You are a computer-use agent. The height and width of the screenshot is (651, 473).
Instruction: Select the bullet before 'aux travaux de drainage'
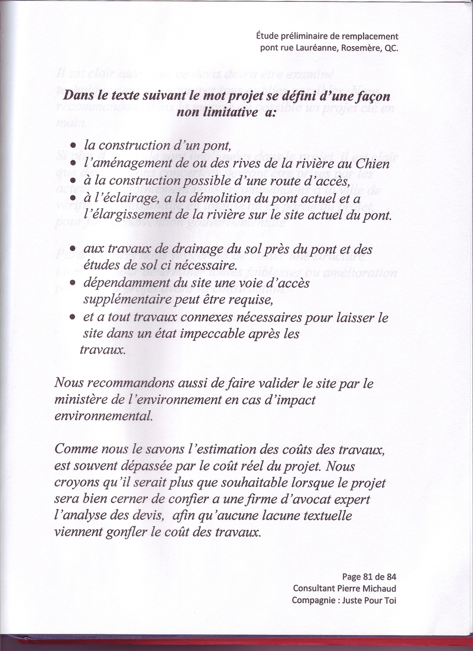pos(72,250)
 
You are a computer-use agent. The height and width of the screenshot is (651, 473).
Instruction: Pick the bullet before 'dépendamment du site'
pos(72,284)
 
